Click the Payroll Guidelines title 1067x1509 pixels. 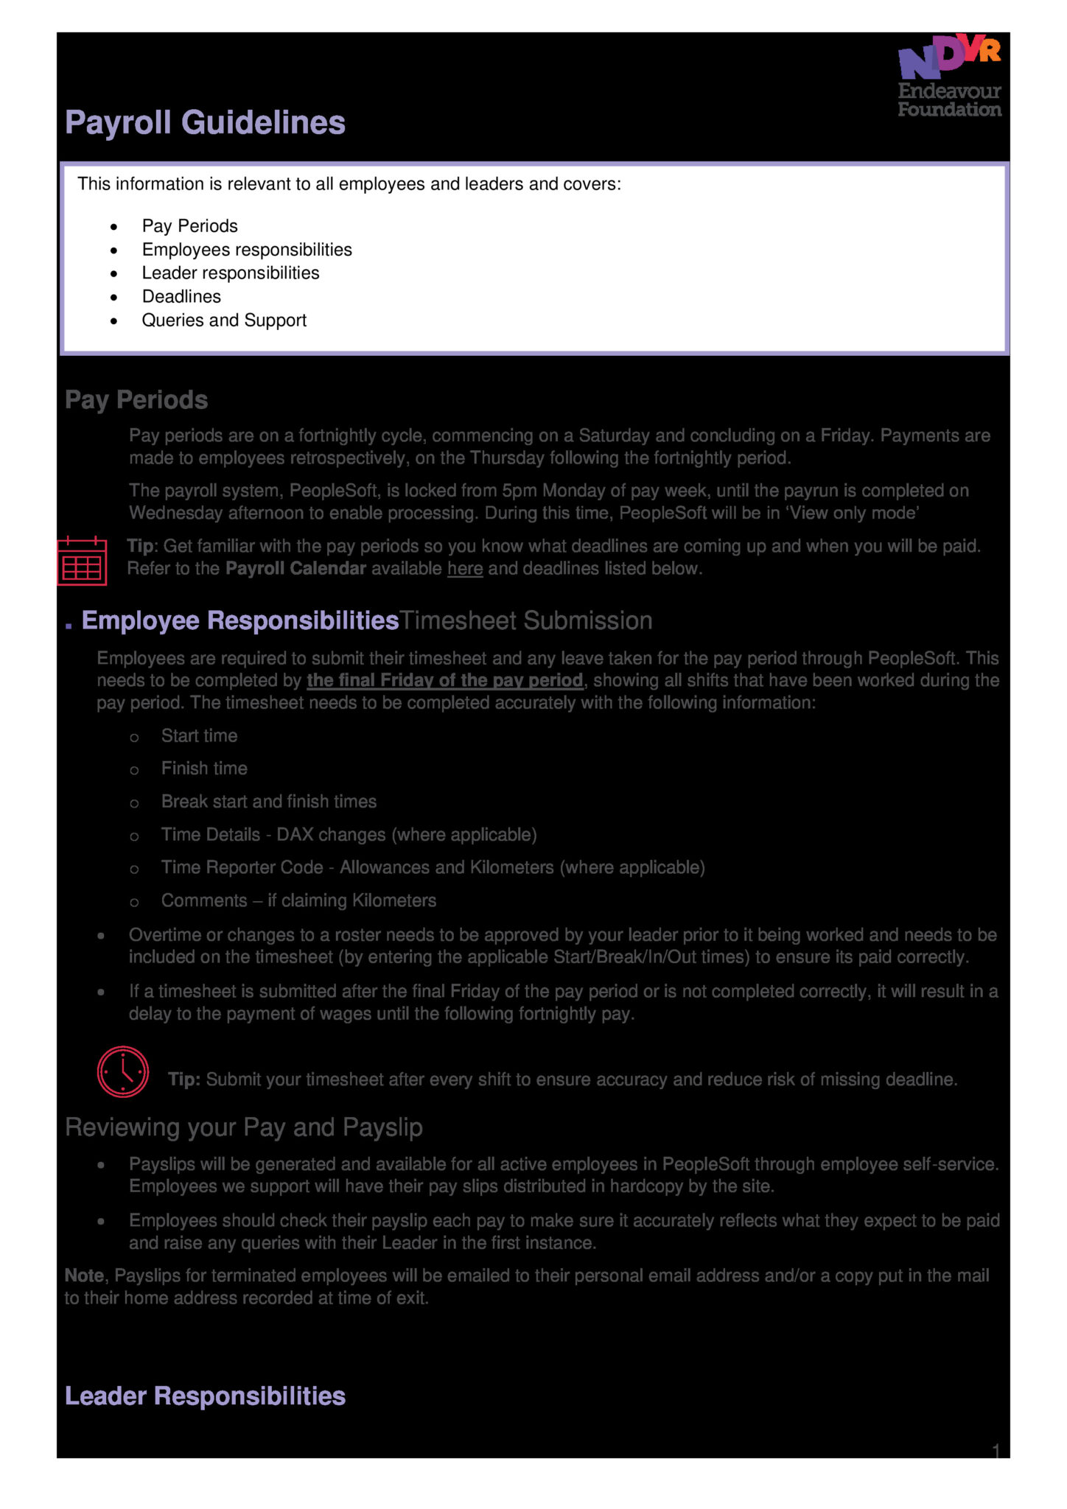[x=205, y=122]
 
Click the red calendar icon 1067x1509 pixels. [x=82, y=561]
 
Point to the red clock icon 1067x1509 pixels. [x=122, y=1071]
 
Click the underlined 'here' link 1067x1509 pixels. [x=465, y=569]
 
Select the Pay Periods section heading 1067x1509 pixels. [x=136, y=399]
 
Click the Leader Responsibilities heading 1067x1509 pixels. [x=205, y=1396]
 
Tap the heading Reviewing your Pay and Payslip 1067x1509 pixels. [x=243, y=1127]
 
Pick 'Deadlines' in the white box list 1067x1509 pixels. [x=181, y=296]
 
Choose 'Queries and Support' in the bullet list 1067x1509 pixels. [x=224, y=320]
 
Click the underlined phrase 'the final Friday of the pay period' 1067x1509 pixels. [x=444, y=680]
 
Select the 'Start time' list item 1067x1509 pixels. [x=199, y=735]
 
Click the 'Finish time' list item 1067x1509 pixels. [x=204, y=768]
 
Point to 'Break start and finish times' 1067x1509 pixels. [x=269, y=802]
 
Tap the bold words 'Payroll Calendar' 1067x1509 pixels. [x=295, y=569]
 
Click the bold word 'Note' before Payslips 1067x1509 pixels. [x=84, y=1275]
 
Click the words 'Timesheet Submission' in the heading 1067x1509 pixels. [x=525, y=620]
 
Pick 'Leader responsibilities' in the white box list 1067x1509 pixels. [x=231, y=273]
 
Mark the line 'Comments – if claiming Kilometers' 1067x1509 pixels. [x=298, y=900]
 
